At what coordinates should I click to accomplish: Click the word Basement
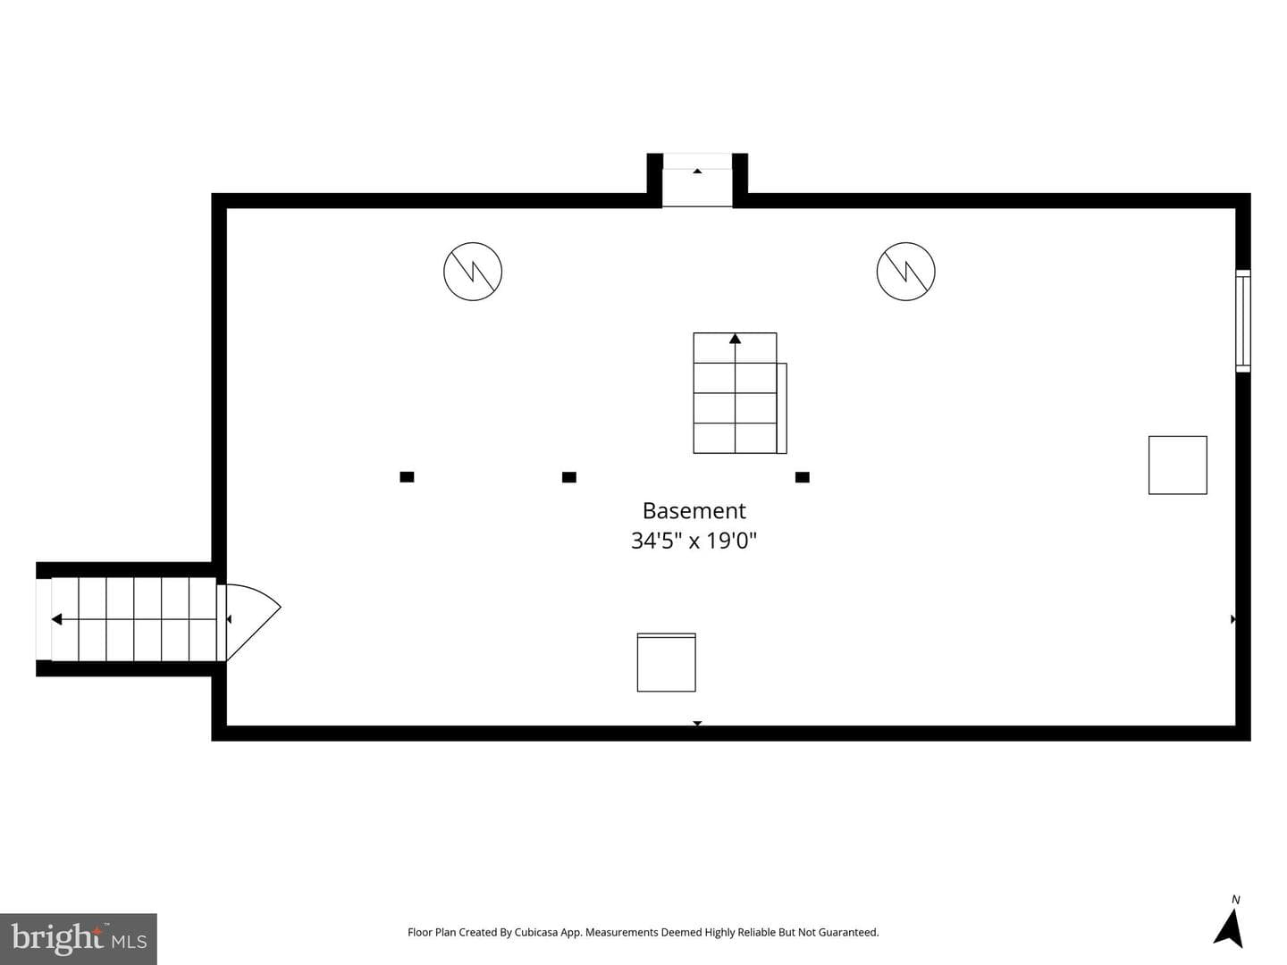[694, 510]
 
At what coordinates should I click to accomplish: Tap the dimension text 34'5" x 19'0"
[694, 541]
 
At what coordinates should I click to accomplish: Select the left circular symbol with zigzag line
[473, 272]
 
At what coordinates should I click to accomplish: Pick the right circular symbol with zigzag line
[906, 272]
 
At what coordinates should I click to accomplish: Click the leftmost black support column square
[407, 477]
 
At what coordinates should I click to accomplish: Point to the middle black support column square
[568, 477]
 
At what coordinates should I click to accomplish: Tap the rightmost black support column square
[802, 477]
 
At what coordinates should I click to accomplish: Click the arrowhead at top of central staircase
[735, 339]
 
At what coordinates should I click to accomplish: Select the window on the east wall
[1243, 321]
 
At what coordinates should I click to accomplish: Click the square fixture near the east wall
[1177, 465]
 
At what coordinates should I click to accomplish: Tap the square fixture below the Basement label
[666, 662]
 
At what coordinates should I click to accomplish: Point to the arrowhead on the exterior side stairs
[57, 619]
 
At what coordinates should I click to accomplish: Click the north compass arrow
[1230, 927]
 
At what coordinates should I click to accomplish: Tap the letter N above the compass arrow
[1235, 900]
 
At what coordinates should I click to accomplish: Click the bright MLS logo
[79, 938]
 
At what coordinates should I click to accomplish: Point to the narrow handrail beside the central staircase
[781, 407]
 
